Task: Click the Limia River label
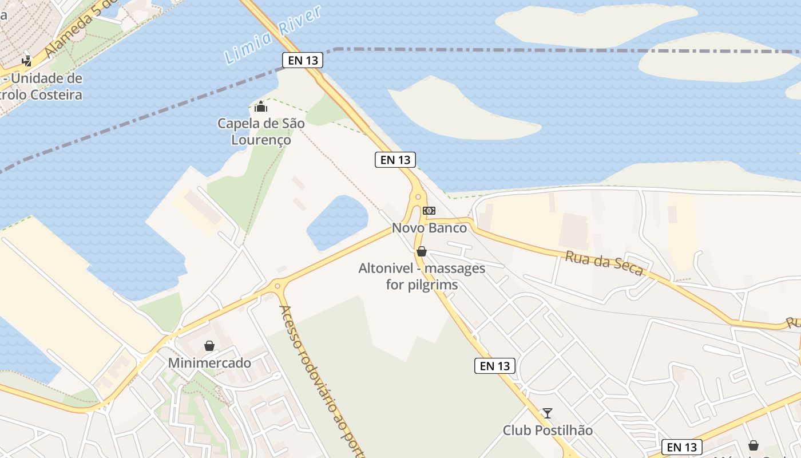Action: click(273, 35)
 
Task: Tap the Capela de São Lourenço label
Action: click(261, 131)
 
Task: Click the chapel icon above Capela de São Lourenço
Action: click(261, 106)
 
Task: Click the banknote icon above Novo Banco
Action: click(429, 211)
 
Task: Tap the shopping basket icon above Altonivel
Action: click(422, 251)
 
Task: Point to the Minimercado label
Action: click(209, 363)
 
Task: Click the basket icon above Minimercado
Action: click(209, 346)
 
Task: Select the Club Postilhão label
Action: click(548, 430)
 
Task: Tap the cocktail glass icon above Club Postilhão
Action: click(548, 413)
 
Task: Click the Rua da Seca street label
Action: click(604, 263)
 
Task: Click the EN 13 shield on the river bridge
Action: click(303, 60)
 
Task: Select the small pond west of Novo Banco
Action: click(338, 222)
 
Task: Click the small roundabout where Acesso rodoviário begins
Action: click(277, 285)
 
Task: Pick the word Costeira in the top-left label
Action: click(54, 94)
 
